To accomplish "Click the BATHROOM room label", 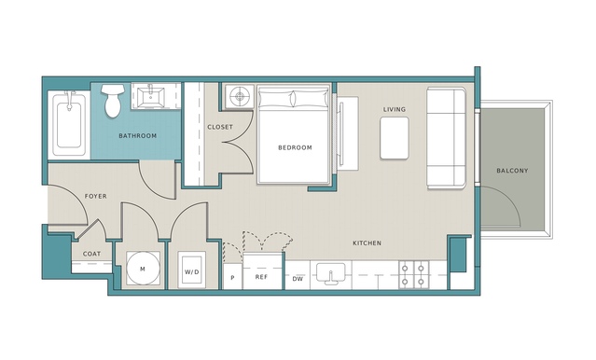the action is pyautogui.click(x=138, y=136).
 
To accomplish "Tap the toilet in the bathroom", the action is pyautogui.click(x=113, y=101).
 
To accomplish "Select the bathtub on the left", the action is pyautogui.click(x=69, y=123).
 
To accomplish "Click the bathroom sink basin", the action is pyautogui.click(x=150, y=97).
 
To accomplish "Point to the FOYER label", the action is pyautogui.click(x=95, y=196).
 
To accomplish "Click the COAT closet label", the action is pyautogui.click(x=91, y=254).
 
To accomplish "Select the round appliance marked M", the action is pyautogui.click(x=143, y=269).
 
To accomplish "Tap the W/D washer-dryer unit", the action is pyautogui.click(x=191, y=271).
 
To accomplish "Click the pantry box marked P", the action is pyautogui.click(x=232, y=277).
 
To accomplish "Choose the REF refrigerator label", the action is pyautogui.click(x=261, y=277).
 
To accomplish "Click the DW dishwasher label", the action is pyautogui.click(x=298, y=279).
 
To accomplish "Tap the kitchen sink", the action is pyautogui.click(x=330, y=273).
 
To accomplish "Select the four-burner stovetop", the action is pyautogui.click(x=413, y=274).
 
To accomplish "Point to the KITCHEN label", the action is pyautogui.click(x=367, y=242).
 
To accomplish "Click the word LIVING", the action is pyautogui.click(x=395, y=109).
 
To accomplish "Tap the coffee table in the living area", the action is pyautogui.click(x=395, y=138).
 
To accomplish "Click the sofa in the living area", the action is pyautogui.click(x=446, y=138).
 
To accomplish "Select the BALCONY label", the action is pyautogui.click(x=512, y=171).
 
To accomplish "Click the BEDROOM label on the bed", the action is pyautogui.click(x=295, y=147).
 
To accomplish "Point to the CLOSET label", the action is pyautogui.click(x=220, y=127).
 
